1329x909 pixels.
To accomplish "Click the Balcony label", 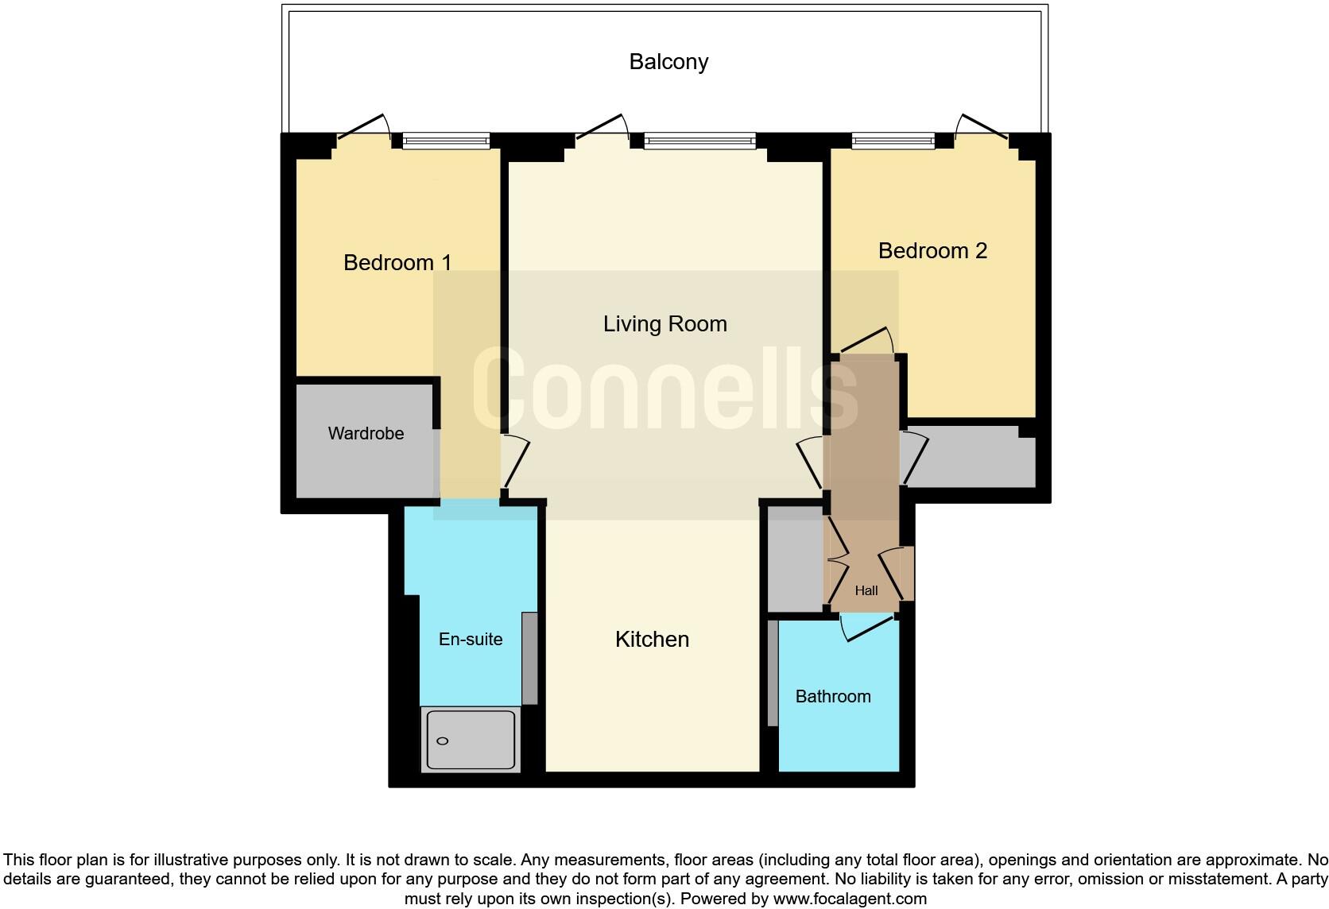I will (668, 62).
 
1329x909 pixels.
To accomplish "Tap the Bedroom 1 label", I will (397, 262).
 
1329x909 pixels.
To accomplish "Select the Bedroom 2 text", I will (932, 250).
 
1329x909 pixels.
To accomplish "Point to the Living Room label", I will (664, 323).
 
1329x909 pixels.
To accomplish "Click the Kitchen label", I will (652, 639).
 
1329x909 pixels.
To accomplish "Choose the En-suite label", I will (471, 639).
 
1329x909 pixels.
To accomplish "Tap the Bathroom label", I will (833, 696).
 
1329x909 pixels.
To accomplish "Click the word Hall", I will (866, 590).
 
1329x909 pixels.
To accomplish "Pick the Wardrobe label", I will (366, 433).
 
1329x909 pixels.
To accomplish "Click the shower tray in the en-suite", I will (471, 739).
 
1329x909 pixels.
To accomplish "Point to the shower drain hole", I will (443, 741).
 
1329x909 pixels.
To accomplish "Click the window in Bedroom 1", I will (446, 141).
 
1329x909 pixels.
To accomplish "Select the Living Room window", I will (699, 141).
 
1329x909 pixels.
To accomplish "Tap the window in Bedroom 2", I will (893, 141).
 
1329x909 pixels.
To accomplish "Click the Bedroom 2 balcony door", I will (982, 127).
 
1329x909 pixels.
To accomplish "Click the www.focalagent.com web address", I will (850, 899).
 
